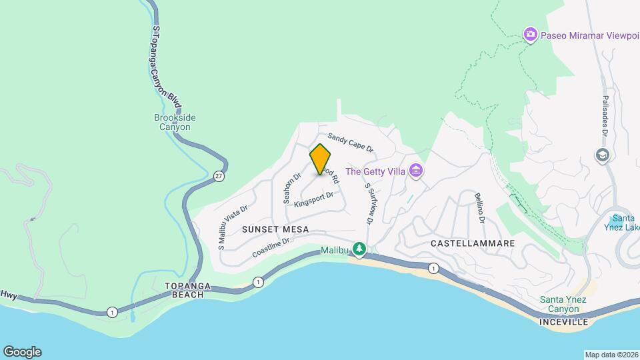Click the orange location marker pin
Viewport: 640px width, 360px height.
(320, 159)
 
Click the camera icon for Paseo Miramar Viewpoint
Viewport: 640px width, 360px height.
(530, 34)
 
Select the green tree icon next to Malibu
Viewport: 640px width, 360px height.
(360, 249)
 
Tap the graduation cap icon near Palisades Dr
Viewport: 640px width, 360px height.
(603, 155)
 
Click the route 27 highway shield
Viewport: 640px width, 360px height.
(219, 176)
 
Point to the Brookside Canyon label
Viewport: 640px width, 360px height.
(175, 122)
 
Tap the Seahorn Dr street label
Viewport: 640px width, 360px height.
(293, 189)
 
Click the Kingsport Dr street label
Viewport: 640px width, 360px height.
(313, 199)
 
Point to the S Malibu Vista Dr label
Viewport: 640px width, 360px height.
(233, 227)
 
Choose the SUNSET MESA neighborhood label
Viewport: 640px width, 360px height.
(275, 229)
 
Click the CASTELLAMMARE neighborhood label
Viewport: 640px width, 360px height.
(473, 243)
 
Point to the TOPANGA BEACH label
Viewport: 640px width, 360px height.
(188, 290)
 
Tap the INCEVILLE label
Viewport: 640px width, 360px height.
(563, 322)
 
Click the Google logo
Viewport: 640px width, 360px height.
(21, 351)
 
